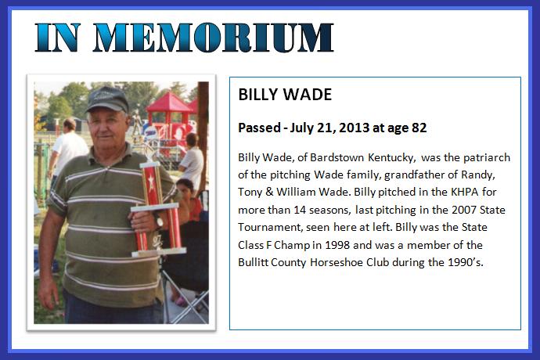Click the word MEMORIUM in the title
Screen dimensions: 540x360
tap(214, 38)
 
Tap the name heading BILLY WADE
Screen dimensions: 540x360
tap(285, 95)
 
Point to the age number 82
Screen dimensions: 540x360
tap(419, 128)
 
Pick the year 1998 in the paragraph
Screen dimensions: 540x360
tap(337, 245)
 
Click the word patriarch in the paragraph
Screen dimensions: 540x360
tap(487, 158)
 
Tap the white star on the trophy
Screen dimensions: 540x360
tap(151, 180)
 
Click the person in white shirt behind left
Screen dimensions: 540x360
tap(68, 148)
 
